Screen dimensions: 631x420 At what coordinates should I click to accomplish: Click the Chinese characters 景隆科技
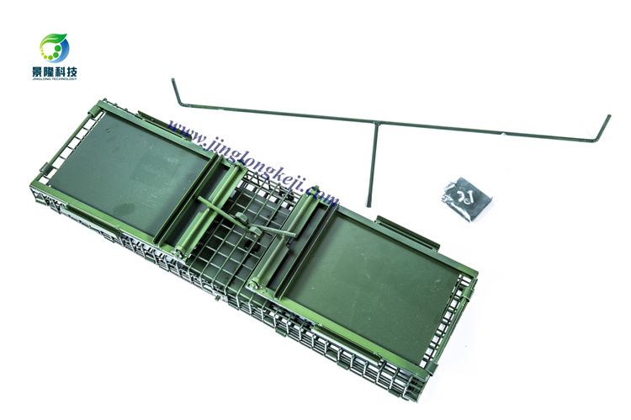pyautogui.click(x=55, y=72)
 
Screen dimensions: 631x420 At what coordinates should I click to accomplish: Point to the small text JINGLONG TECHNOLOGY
pyautogui.click(x=55, y=79)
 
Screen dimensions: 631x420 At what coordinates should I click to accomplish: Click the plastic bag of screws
pyautogui.click(x=467, y=199)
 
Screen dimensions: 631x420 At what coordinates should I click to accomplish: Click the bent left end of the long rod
pyautogui.click(x=177, y=93)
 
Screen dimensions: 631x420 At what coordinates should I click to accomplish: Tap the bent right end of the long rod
pyautogui.click(x=602, y=129)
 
